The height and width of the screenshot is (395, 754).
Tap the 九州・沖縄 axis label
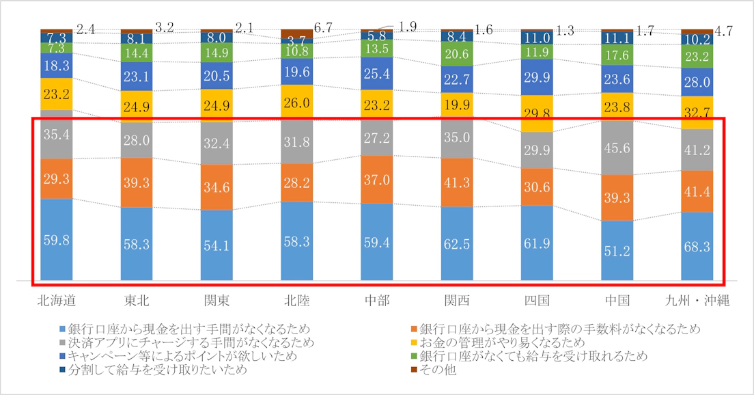click(x=697, y=301)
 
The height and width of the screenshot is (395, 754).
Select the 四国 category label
click(x=537, y=301)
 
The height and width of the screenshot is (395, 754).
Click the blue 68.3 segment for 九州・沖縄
click(x=697, y=246)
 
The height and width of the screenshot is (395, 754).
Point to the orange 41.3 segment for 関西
click(x=457, y=182)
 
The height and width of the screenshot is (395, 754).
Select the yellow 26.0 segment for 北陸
click(x=297, y=103)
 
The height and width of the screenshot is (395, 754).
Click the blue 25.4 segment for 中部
click(x=377, y=72)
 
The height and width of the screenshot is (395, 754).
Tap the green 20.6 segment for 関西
click(x=457, y=53)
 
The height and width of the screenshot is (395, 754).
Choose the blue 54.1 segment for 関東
click(x=217, y=245)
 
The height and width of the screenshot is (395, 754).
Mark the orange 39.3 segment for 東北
click(x=137, y=182)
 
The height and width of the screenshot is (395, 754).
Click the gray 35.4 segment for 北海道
click(x=56, y=134)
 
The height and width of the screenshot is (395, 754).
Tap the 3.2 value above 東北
click(x=164, y=28)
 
